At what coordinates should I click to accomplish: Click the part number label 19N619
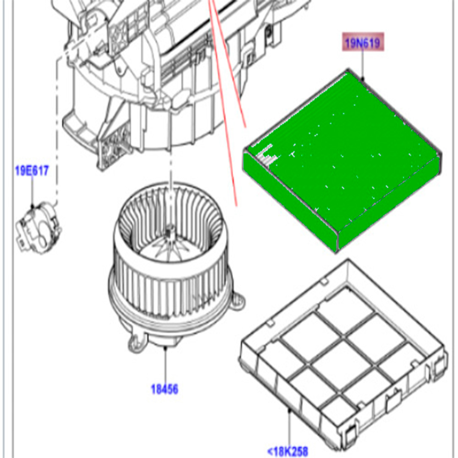click(x=363, y=43)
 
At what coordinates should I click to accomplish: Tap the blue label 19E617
click(x=32, y=170)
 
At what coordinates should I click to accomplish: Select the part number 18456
click(x=165, y=389)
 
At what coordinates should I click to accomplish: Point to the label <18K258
click(x=288, y=451)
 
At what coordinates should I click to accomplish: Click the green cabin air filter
click(x=342, y=161)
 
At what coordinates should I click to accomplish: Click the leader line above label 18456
click(x=165, y=365)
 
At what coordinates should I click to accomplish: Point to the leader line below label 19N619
click(x=363, y=64)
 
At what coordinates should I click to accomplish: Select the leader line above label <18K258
click(x=290, y=427)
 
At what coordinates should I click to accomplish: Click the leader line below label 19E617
click(x=32, y=192)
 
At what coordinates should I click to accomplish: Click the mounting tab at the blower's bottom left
click(x=136, y=343)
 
